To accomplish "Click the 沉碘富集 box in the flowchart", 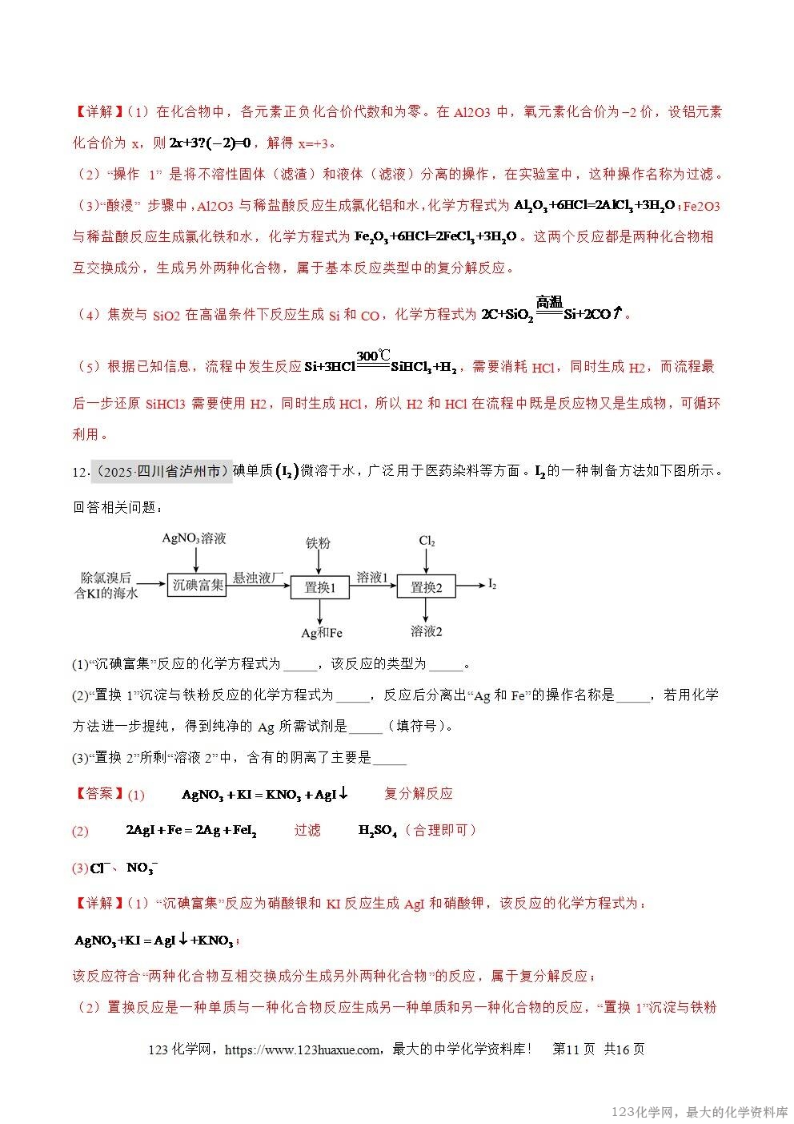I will tap(198, 586).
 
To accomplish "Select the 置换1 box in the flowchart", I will tap(319, 587).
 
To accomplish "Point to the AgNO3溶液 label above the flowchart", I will tap(194, 538).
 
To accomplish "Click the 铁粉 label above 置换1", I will tap(318, 542).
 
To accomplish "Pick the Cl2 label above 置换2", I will tap(427, 541).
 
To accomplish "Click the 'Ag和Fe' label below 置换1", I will tap(321, 632).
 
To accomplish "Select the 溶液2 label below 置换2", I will tap(427, 631).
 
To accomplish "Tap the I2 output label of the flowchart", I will tap(492, 585).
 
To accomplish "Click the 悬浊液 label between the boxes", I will tap(258, 577).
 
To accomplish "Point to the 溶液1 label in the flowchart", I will tap(372, 577).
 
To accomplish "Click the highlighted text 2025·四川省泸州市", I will tap(160, 471).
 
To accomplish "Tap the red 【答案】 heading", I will tap(98, 793).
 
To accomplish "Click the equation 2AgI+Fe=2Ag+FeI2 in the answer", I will tap(191, 831).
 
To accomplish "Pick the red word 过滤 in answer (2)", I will tap(307, 830).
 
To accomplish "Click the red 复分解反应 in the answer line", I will tap(418, 793).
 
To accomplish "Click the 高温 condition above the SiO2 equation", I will tap(549, 302).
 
